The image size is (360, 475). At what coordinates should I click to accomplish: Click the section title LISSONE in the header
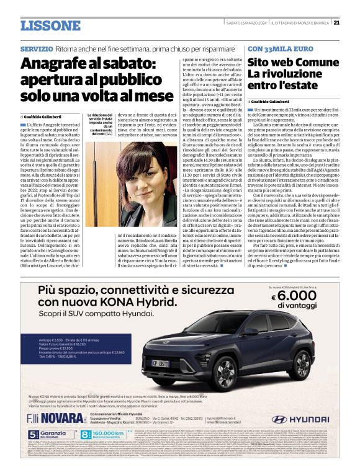(50, 25)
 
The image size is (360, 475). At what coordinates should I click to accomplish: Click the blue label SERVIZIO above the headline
(36, 48)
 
